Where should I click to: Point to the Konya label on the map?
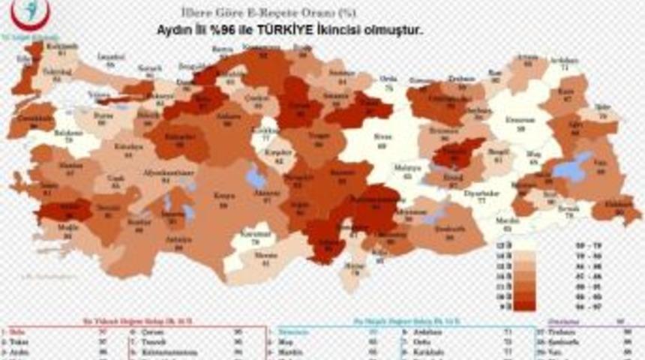click(221, 194)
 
